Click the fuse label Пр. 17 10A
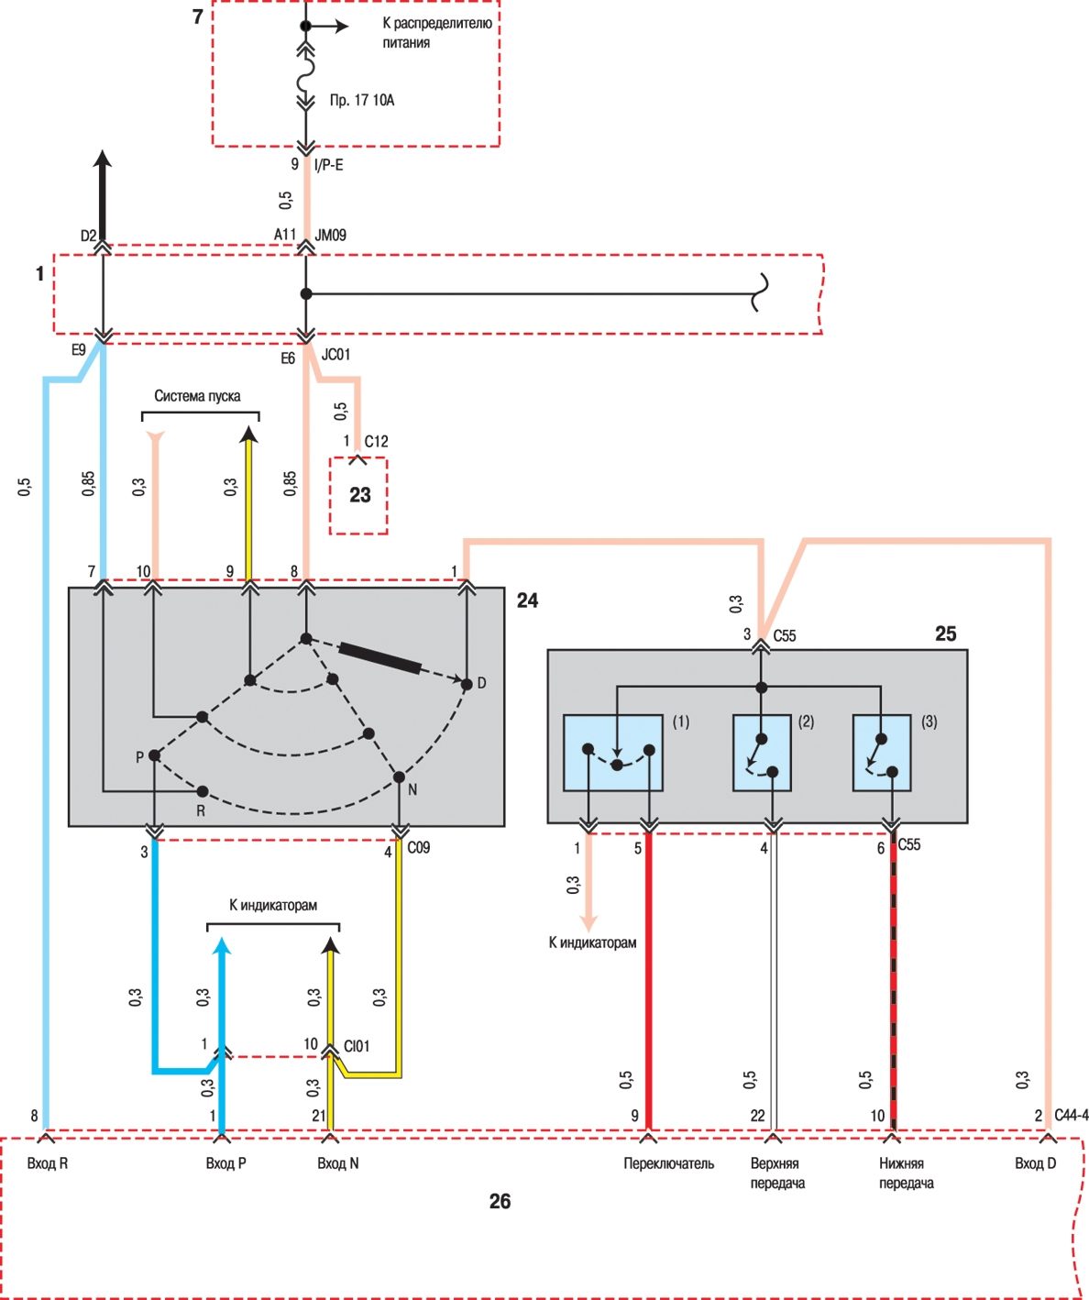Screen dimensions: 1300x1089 pos(362,100)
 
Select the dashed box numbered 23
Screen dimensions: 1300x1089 pos(359,495)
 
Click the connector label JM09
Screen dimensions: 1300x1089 pos(331,236)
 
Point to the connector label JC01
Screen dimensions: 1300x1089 pos(336,355)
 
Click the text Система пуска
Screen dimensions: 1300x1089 pos(197,396)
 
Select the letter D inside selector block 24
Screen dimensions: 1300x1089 pos(482,683)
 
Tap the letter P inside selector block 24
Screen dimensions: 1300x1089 pos(139,757)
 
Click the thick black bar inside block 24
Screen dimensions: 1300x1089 pos(380,658)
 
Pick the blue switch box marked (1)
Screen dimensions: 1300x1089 pos(612,752)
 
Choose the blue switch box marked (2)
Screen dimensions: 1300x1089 pos(762,752)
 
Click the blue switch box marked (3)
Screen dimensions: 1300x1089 pos(881,752)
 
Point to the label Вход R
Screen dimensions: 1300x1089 pos(48,1163)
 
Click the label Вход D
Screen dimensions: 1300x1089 pos(1035,1163)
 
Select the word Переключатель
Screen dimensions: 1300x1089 pos(668,1163)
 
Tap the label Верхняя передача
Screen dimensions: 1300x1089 pos(776,1173)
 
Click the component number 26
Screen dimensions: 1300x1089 pos(500,1201)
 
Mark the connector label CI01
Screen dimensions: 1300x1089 pos(357,1046)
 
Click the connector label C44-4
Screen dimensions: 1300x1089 pos(1071,1116)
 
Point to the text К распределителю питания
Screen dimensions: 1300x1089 pos(436,32)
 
